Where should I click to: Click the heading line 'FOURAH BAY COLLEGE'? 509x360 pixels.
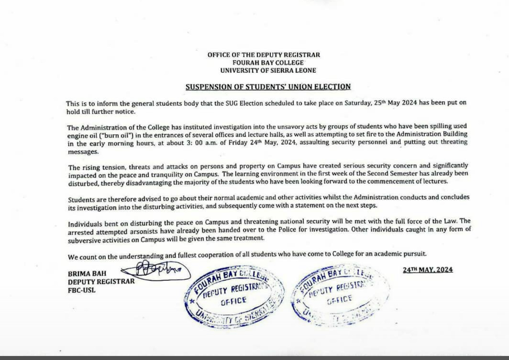pos(268,63)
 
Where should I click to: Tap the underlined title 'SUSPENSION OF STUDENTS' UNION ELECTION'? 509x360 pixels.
pos(268,86)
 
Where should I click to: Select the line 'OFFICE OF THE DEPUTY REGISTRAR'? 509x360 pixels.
pos(264,55)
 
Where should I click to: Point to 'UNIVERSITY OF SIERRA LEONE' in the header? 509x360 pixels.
pos(268,70)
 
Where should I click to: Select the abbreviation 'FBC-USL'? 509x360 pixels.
pos(82,290)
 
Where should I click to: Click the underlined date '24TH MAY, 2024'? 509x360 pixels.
pos(428,269)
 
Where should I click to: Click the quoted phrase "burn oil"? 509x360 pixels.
pos(104,134)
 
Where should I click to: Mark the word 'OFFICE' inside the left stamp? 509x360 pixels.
pos(233,300)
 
